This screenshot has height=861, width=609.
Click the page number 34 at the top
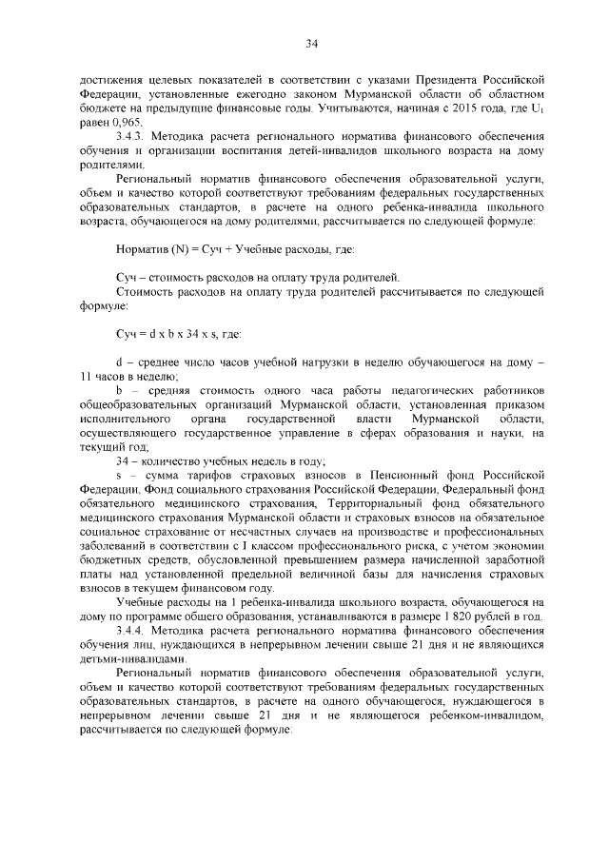click(x=311, y=42)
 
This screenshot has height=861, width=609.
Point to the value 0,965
click(x=125, y=124)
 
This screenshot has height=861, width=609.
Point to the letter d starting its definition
click(x=119, y=362)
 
